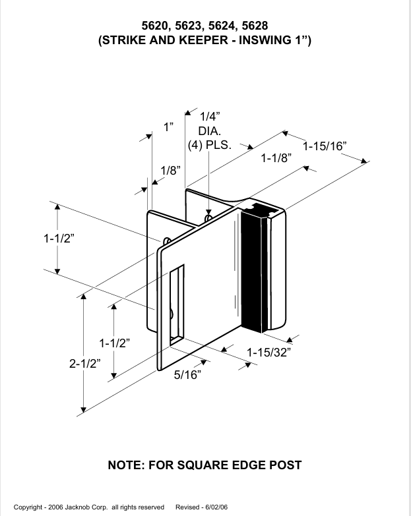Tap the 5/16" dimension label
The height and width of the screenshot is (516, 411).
187,375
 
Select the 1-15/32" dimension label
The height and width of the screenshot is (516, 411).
269,353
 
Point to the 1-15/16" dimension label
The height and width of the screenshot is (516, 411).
325,146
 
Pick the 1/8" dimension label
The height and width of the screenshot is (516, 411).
170,170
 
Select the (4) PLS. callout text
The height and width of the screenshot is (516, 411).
209,145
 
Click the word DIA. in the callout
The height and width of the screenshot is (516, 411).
209,131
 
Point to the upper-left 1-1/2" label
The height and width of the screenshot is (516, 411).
59,239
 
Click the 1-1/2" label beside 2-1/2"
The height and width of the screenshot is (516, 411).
114,343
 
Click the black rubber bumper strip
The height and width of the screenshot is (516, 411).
253,270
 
